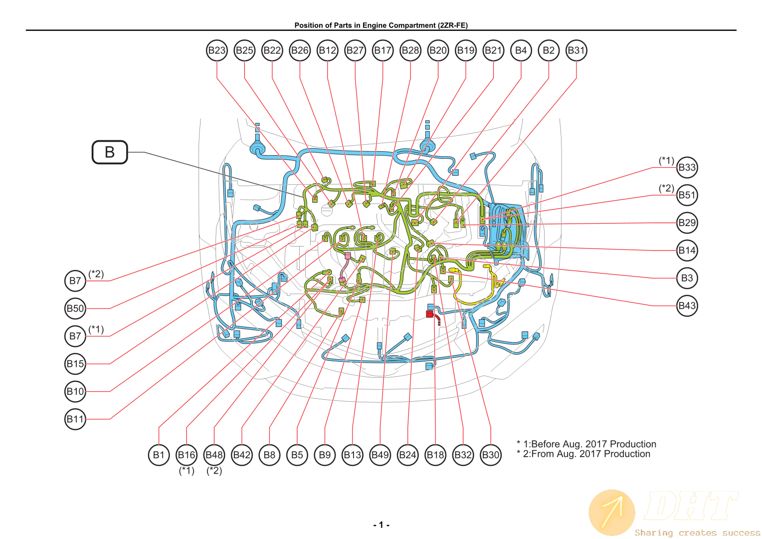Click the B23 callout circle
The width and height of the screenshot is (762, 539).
coord(217,50)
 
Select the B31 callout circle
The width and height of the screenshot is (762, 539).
coord(576,50)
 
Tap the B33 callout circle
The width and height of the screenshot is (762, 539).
coord(687,167)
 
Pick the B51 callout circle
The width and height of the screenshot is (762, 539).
coord(687,195)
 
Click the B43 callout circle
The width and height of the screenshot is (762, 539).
coord(687,306)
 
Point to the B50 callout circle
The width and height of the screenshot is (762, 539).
coord(75,308)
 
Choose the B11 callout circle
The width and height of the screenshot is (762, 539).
coord(75,419)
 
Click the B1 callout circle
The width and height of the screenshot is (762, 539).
coord(159,455)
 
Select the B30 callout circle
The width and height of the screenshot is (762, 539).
coord(491,455)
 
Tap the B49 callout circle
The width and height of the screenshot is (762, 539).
coord(380,455)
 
